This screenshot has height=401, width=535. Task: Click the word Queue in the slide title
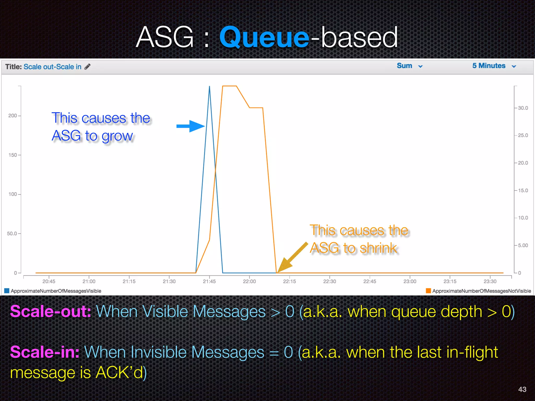pyautogui.click(x=264, y=37)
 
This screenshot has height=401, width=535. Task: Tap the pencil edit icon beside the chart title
pyautogui.click(x=88, y=67)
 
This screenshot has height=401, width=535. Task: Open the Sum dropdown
pyautogui.click(x=409, y=66)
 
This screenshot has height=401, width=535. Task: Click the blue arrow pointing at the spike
pyautogui.click(x=190, y=126)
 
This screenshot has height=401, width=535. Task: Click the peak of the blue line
pyautogui.click(x=210, y=87)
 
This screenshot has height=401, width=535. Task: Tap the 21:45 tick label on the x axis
pyautogui.click(x=209, y=281)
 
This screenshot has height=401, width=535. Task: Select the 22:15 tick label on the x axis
pyautogui.click(x=289, y=281)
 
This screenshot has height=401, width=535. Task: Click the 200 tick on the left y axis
pyautogui.click(x=13, y=116)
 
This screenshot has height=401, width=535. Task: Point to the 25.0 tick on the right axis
pyautogui.click(x=523, y=135)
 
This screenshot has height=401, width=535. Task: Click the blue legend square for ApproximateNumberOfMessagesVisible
pyautogui.click(x=7, y=291)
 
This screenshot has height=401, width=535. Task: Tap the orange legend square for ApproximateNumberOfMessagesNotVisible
pyautogui.click(x=428, y=291)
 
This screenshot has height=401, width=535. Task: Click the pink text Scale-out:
pyautogui.click(x=51, y=311)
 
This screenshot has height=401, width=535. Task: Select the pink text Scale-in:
pyautogui.click(x=45, y=352)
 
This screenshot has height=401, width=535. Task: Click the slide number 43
pyautogui.click(x=522, y=389)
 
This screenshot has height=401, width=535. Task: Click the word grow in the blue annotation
pyautogui.click(x=117, y=136)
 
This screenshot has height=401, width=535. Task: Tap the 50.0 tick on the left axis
pyautogui.click(x=12, y=233)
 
